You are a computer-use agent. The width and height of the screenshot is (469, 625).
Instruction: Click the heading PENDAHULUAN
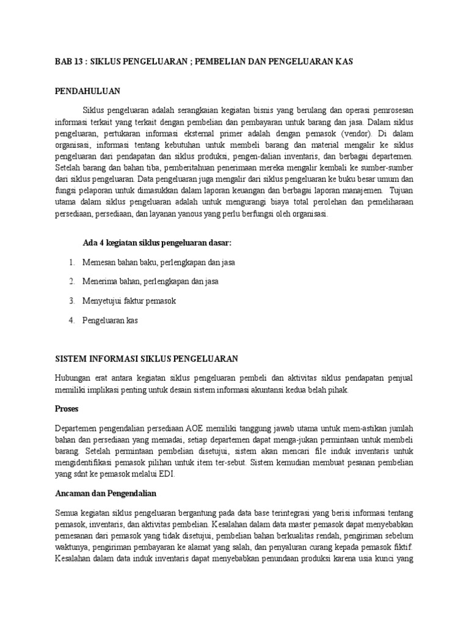pyautogui.click(x=87, y=91)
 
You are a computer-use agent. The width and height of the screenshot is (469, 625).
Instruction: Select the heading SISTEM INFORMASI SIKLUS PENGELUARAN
pyautogui.click(x=147, y=358)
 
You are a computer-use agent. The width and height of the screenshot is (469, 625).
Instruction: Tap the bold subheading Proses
pyautogui.click(x=67, y=408)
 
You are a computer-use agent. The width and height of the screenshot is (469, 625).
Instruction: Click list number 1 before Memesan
pyautogui.click(x=71, y=262)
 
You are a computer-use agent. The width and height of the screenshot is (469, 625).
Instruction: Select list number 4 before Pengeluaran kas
pyautogui.click(x=71, y=320)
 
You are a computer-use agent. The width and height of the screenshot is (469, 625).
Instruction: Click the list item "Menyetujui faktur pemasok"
pyautogui.click(x=129, y=301)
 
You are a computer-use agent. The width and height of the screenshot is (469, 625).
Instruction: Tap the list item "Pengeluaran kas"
pyautogui.click(x=110, y=320)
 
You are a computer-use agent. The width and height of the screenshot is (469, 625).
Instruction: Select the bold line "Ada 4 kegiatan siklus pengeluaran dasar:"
pyautogui.click(x=157, y=243)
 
